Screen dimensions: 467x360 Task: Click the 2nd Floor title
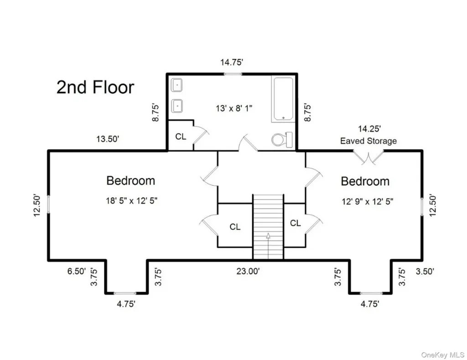pos(95,87)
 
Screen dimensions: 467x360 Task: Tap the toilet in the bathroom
pos(282,139)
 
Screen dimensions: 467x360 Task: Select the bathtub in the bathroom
pos(283,99)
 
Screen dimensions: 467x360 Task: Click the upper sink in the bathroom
pos(177,85)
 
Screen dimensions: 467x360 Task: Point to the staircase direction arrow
pos(268,246)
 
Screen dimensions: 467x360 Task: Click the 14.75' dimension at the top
pos(232,62)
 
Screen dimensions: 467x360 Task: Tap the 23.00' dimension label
pos(248,271)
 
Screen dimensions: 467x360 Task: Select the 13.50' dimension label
pos(108,139)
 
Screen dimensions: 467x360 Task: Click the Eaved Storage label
pos(368,141)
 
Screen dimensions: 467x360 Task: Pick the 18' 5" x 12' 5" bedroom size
pos(132,201)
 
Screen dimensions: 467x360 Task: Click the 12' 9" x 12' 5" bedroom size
pos(368,202)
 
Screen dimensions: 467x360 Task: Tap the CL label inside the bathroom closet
pos(181,137)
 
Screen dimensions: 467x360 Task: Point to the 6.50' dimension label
pos(77,271)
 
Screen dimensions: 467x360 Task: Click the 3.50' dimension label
pos(425,271)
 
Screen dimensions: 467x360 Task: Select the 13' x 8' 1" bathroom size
pos(234,108)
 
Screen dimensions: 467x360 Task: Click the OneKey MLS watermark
pos(442,355)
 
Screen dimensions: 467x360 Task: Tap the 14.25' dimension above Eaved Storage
pos(369,129)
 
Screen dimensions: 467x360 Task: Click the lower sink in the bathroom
pos(177,106)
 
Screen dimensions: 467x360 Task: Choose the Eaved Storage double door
pos(368,157)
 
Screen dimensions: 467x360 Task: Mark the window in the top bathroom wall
pos(233,74)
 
